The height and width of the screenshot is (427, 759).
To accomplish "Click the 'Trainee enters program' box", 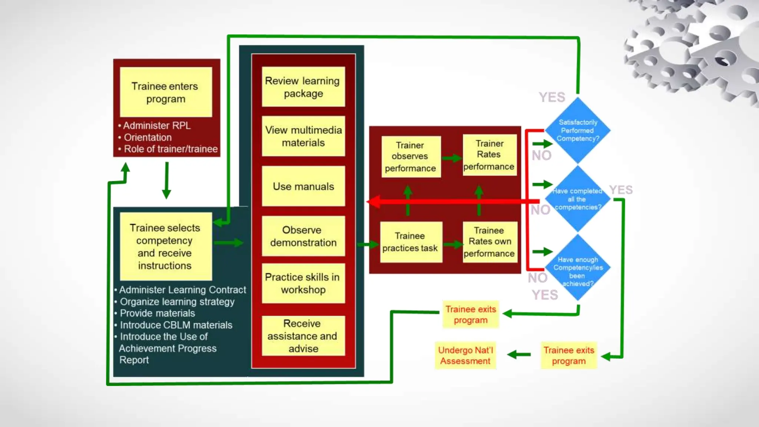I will (x=166, y=92).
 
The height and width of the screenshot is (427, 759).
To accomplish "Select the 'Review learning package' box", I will (x=303, y=87).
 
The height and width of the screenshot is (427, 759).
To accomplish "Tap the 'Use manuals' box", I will (x=303, y=186).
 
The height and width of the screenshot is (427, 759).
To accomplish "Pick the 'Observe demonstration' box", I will (x=303, y=236).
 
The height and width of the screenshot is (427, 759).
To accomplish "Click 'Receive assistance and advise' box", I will (x=303, y=336).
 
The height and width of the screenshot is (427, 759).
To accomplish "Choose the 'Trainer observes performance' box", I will (x=411, y=156).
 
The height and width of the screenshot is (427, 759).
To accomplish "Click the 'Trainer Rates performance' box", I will (x=489, y=155).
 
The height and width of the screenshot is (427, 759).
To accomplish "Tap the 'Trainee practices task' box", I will (x=411, y=242).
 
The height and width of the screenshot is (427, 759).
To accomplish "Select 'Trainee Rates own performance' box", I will (x=489, y=242).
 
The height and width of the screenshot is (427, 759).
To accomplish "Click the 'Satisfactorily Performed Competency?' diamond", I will (x=577, y=130).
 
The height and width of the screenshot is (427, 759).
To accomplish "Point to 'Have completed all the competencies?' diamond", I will (x=577, y=199).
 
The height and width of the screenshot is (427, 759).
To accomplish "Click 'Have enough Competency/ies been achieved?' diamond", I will (x=577, y=268).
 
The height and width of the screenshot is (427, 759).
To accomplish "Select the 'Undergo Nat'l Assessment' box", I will (x=465, y=355).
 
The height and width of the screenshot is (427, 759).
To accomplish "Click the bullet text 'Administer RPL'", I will (x=156, y=126).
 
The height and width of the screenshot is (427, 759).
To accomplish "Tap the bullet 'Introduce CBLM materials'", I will (x=176, y=325).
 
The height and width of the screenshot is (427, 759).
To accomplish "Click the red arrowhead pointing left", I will (x=374, y=202).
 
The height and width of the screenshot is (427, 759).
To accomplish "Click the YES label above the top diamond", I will (x=552, y=97).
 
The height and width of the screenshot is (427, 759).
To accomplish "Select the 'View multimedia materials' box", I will (x=303, y=136).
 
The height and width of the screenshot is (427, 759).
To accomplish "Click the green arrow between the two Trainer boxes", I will (x=451, y=158).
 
